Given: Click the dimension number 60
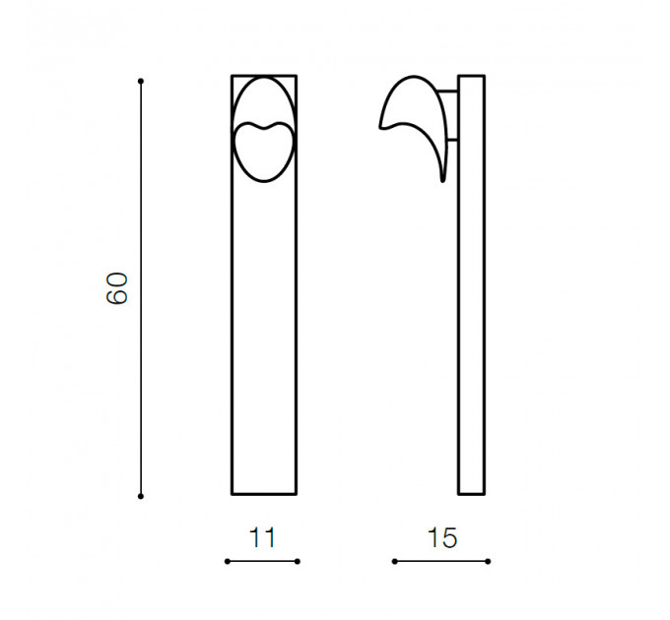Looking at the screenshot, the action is pos(116,288).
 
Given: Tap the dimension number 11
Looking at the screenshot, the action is pos(262,537).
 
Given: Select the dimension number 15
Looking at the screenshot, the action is pos(441,537).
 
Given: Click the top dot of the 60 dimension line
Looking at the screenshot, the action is pos(141,81).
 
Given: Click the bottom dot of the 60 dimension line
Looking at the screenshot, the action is pos(141,496).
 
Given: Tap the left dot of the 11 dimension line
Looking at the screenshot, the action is pos(228,561).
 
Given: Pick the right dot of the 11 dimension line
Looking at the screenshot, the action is pos(298,561).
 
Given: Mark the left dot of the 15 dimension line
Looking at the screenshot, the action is pos(394,561).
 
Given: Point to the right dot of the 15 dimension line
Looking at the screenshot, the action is pos(488,561).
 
